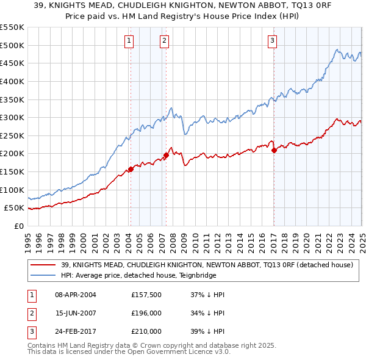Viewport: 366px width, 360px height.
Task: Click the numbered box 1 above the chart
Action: click(130, 41)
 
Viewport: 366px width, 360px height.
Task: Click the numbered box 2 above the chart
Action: click(165, 41)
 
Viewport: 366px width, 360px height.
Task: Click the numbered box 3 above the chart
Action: click(272, 41)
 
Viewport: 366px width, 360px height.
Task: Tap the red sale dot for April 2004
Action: click(130, 169)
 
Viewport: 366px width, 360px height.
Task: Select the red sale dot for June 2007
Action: click(166, 155)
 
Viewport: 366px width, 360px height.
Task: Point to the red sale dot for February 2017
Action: click(274, 150)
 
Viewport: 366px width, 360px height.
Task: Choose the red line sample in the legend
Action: click(43, 265)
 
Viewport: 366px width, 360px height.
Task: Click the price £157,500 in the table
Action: click(146, 295)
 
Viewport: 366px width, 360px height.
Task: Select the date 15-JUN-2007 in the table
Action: click(76, 313)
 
